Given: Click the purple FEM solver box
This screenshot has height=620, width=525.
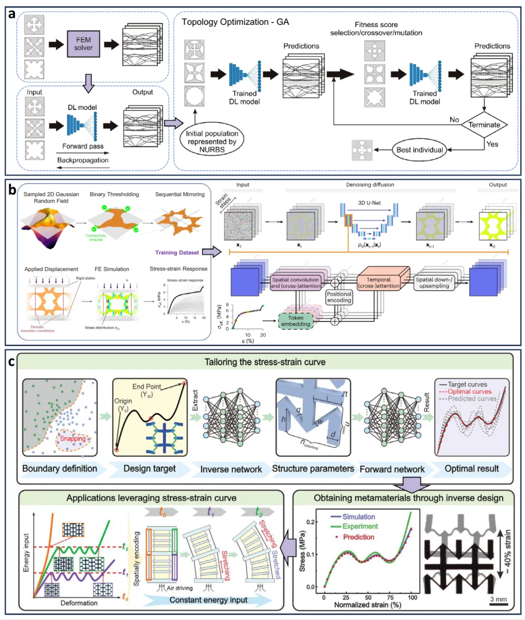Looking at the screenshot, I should [83, 43].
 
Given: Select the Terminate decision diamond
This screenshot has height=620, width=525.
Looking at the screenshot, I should [484, 124].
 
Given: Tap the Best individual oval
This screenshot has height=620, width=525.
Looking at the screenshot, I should [420, 150].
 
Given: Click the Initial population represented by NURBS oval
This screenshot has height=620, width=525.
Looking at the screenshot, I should [212, 141].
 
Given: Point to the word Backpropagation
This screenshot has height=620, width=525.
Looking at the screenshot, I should [83, 160].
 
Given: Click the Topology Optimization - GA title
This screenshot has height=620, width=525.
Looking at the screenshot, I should [235, 22].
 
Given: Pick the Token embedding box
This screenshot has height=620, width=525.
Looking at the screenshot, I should [296, 321].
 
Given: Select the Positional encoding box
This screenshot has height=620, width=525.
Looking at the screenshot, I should [339, 297].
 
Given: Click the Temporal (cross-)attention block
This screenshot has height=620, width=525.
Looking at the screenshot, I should [379, 283].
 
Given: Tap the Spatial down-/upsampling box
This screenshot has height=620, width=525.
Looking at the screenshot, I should [434, 283].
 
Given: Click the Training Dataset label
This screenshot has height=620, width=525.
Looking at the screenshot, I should [177, 252].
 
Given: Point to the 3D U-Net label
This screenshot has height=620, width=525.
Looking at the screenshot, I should [369, 202].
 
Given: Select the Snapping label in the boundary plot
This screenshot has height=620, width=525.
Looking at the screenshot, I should [72, 439].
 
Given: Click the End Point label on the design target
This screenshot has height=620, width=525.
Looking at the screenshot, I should [147, 387].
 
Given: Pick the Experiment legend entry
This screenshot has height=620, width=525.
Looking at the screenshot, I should [360, 526].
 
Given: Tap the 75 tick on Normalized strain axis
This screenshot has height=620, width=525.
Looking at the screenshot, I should [390, 597].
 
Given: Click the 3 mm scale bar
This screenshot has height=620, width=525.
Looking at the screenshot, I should [498, 604].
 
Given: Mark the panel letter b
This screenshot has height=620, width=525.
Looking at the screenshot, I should [12, 190].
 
